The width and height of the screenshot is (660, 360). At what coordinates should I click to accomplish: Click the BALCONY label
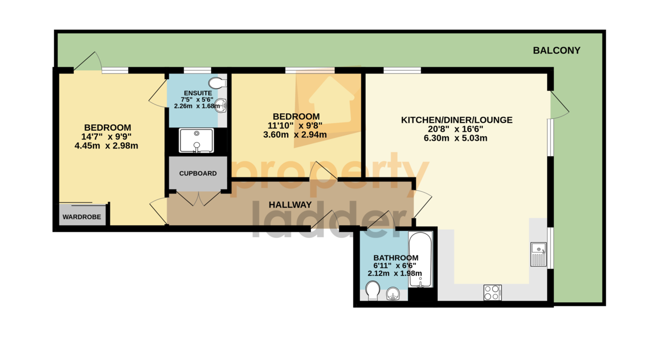tap(557, 51)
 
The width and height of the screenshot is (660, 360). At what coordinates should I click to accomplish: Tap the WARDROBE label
tap(81, 217)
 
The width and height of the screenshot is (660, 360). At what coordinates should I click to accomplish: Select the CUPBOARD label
tap(198, 174)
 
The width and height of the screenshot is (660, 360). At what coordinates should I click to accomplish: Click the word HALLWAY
tap(290, 205)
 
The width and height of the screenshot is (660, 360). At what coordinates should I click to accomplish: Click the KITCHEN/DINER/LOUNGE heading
tap(457, 120)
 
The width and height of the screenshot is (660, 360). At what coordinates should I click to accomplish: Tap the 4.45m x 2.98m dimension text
tap(106, 146)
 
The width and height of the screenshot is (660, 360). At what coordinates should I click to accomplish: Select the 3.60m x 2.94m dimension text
tap(295, 135)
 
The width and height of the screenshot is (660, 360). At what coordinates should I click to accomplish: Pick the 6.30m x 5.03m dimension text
tap(455, 138)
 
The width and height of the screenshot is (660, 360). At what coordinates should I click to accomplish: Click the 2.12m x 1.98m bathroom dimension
tap(395, 274)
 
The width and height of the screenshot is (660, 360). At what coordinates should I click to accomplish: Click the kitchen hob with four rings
tap(493, 292)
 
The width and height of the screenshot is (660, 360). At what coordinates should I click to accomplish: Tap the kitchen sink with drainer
tap(538, 254)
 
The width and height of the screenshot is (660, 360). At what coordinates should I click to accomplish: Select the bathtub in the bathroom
tap(420, 259)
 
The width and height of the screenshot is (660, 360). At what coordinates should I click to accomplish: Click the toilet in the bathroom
tap(373, 291)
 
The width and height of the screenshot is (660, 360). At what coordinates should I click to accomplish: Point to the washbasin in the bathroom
tap(393, 293)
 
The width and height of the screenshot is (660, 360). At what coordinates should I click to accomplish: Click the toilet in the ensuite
tap(217, 82)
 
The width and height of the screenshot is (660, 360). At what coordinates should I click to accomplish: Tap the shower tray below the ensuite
tap(196, 140)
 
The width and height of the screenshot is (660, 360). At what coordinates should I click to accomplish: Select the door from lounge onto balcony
tap(559, 105)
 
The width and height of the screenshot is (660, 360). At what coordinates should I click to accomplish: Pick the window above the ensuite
tap(197, 70)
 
